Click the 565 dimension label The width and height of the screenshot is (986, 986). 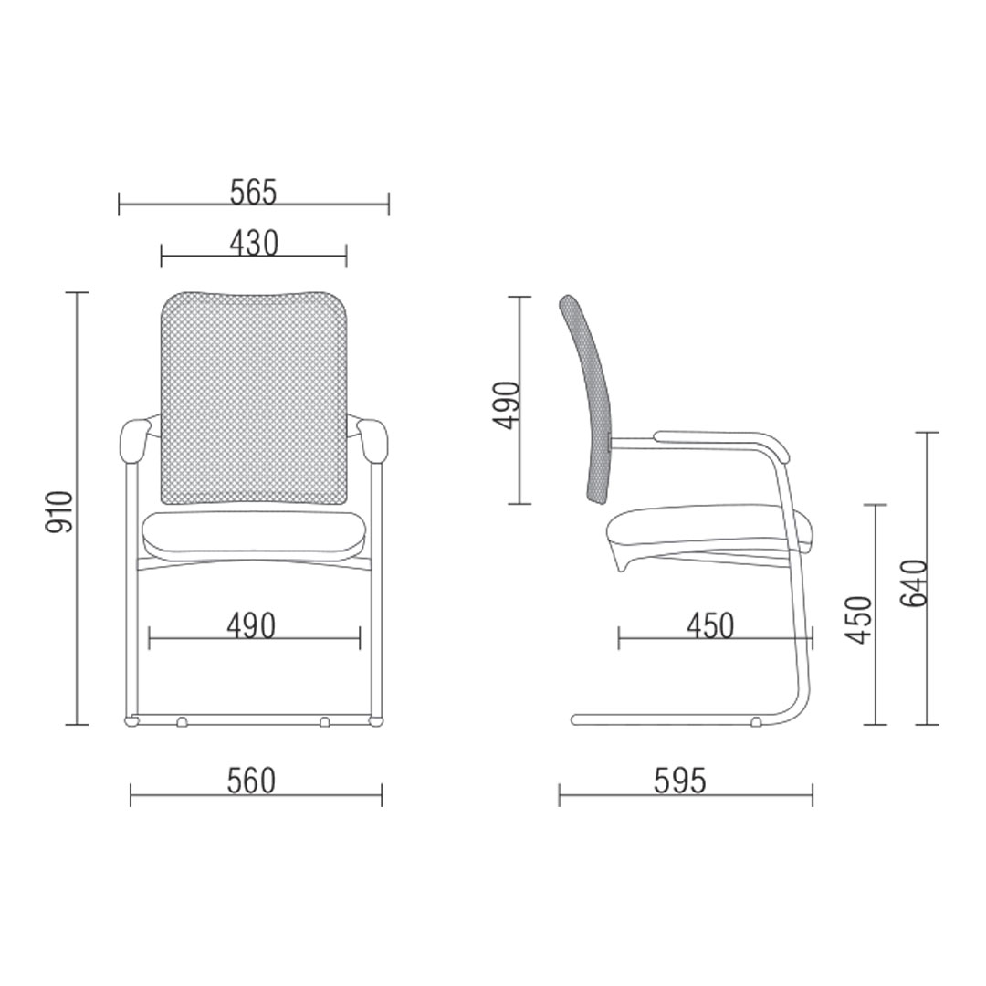[x=254, y=193]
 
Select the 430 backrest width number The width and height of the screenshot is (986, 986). [x=254, y=244]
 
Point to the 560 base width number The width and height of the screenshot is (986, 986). [x=252, y=781]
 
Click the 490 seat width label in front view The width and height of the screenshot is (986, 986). [x=252, y=626]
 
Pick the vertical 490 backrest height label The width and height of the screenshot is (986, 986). [x=506, y=405]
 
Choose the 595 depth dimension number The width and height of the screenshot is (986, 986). [x=680, y=781]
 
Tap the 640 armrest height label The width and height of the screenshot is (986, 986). [x=914, y=582]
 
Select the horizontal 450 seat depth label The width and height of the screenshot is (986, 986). [x=710, y=626]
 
